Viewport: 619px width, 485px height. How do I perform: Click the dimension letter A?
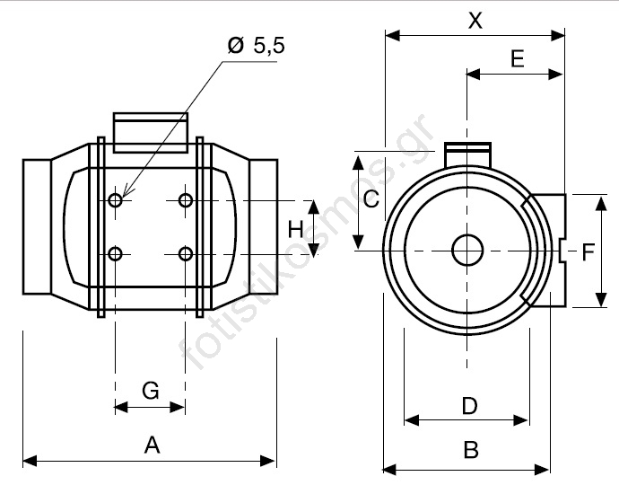pyautogui.click(x=152, y=444)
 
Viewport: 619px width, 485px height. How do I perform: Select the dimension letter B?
pyautogui.click(x=470, y=450)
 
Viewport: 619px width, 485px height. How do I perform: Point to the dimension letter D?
pyautogui.click(x=469, y=406)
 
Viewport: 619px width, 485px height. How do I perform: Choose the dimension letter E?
pyautogui.click(x=516, y=59)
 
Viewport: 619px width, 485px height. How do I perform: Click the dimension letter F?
pyautogui.click(x=588, y=252)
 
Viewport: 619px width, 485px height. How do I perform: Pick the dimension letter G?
pyautogui.click(x=151, y=390)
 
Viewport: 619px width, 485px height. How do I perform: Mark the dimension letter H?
pyautogui.click(x=296, y=230)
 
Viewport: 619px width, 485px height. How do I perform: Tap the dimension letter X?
pyautogui.click(x=475, y=21)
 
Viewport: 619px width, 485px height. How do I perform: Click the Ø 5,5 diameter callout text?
pyautogui.click(x=256, y=47)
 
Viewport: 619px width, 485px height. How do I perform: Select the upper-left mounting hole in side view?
pyautogui.click(x=116, y=199)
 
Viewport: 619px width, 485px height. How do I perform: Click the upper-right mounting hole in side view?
pyautogui.click(x=185, y=199)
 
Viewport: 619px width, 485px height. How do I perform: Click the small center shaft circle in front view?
pyautogui.click(x=466, y=250)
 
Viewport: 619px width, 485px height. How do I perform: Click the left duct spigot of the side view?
pyautogui.click(x=36, y=225)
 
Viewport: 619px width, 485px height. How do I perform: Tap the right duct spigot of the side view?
pyautogui.click(x=264, y=225)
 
